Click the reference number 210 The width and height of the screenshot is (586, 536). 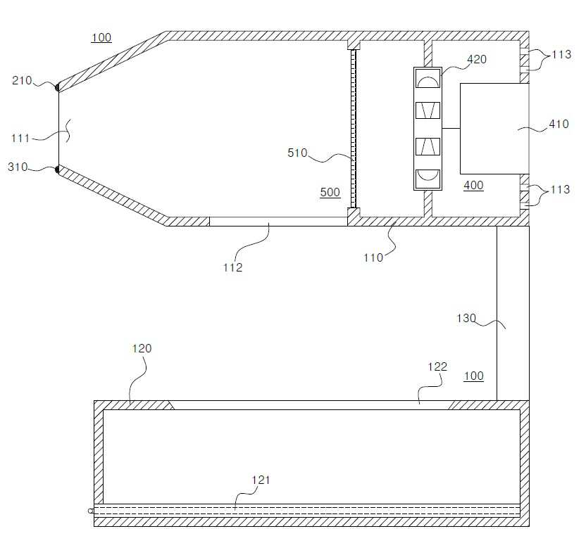pos(22,80)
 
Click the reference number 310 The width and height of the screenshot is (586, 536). pos(18,167)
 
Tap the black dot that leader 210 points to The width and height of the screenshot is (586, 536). pos(57,87)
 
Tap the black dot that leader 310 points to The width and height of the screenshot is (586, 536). pos(57,170)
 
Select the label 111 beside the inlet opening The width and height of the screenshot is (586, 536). pos(20,139)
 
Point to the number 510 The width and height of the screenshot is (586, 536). pos(297,153)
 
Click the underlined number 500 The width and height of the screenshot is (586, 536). pos(330,192)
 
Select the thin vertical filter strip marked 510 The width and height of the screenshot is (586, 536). pos(353,129)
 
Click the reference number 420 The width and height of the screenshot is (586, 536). pos(477,59)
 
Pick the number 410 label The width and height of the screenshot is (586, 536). pos(559,124)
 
